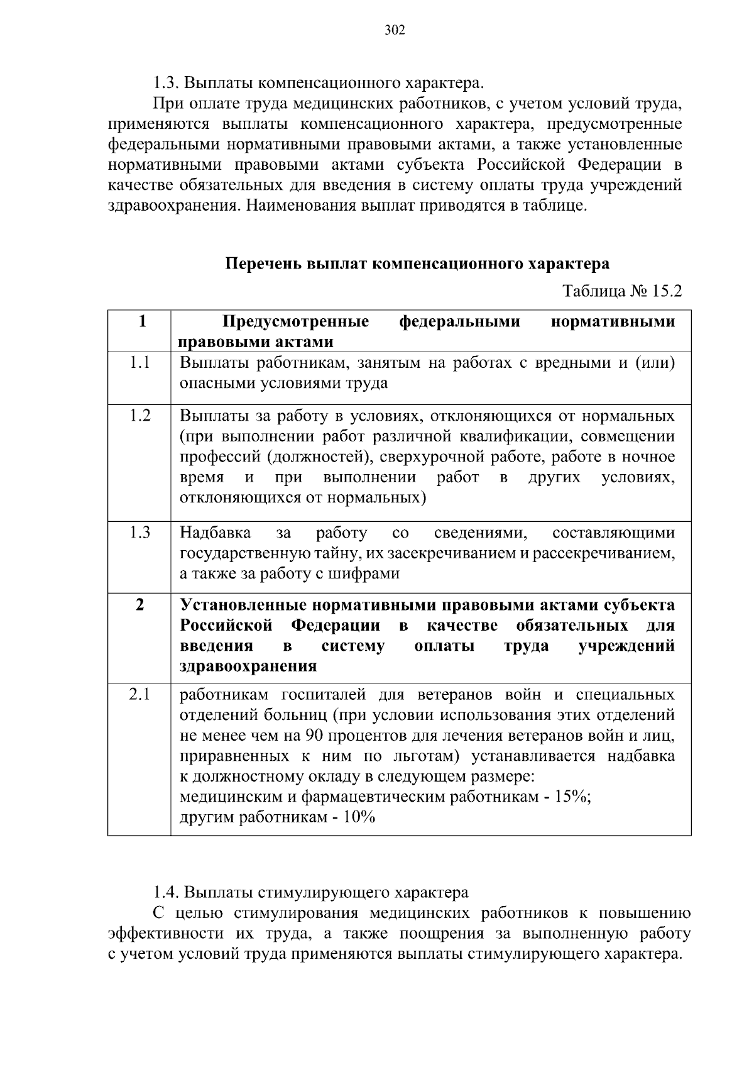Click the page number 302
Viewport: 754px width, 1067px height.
tap(395, 30)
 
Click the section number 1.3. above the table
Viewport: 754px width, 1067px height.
tap(166, 83)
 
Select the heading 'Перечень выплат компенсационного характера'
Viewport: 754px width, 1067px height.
tap(417, 263)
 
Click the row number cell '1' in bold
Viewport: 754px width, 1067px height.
tap(143, 321)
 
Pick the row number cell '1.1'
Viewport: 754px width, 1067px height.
tap(139, 362)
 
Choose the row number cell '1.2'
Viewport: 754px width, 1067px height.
tap(139, 416)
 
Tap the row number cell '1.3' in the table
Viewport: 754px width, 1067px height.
tap(139, 533)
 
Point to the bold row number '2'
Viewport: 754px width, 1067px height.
tap(139, 605)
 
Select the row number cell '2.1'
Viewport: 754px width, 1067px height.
tap(139, 694)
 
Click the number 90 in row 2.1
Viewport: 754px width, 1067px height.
tap(315, 735)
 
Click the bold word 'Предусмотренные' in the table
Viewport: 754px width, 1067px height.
tap(296, 322)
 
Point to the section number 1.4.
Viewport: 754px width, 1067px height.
tap(166, 893)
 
